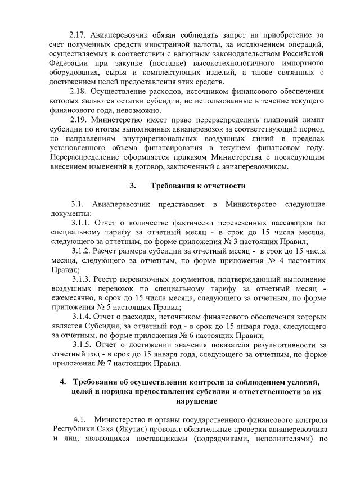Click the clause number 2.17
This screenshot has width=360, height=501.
(78, 35)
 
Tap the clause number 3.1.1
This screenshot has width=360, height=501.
(81, 223)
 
